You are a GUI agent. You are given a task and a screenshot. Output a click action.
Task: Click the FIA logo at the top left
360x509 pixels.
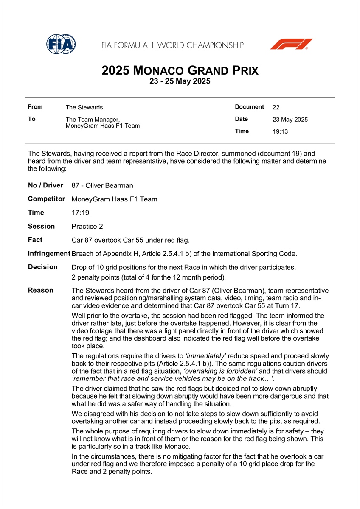[61, 43]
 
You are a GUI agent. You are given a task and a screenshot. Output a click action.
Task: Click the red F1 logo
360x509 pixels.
[291, 44]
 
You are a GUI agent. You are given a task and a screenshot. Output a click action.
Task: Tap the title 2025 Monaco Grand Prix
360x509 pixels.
[180, 70]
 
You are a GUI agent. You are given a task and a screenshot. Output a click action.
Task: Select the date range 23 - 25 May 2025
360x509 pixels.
[180, 81]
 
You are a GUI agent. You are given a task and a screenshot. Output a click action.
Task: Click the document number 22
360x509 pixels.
[276, 107]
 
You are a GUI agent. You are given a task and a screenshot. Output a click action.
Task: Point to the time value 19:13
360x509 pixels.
[280, 131]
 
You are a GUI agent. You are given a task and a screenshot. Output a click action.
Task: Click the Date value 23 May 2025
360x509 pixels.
[290, 120]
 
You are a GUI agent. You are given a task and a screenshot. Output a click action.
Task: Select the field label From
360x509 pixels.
[35, 107]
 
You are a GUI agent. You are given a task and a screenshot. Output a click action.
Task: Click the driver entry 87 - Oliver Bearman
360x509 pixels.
[102, 185]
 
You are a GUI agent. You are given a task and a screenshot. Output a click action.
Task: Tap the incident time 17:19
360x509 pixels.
[80, 213]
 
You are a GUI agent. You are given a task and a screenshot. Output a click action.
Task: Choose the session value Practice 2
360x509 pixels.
[87, 227]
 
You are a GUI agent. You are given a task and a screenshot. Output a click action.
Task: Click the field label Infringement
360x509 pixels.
[49, 254]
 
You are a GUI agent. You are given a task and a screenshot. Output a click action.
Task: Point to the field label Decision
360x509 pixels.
[42, 267]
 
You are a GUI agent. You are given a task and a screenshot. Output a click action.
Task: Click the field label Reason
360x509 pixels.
[40, 290]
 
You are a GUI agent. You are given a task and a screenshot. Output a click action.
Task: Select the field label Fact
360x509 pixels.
[35, 240]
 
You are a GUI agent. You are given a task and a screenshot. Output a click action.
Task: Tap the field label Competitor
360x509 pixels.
[46, 199]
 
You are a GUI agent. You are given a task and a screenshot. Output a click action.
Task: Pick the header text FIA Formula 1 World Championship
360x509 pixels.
[172, 45]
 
